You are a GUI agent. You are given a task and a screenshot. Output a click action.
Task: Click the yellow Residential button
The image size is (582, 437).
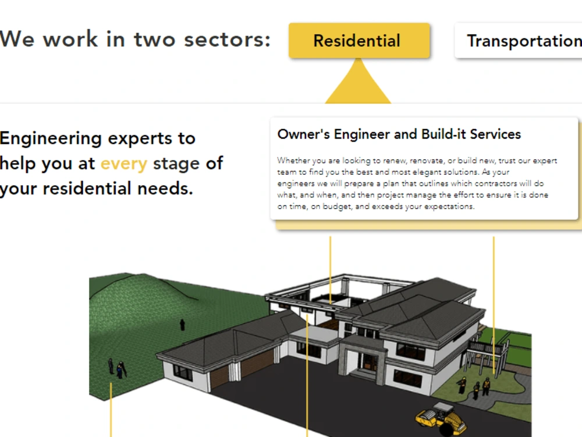pos(359,40)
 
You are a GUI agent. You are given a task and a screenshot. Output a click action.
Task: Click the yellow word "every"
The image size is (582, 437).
pos(124,164)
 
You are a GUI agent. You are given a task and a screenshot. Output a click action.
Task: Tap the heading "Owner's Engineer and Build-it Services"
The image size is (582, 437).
pos(399,134)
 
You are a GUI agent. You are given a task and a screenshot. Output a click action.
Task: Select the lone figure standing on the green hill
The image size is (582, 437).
pos(182,325)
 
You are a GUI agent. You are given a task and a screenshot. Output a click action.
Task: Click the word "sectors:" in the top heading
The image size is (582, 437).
pos(228,40)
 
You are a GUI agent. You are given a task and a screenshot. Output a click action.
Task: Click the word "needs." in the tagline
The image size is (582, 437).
pos(165,188)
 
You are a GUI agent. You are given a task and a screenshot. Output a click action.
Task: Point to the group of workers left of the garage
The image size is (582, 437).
pos(117,368)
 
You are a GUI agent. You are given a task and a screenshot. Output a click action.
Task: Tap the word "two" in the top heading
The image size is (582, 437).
pos(154,40)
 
